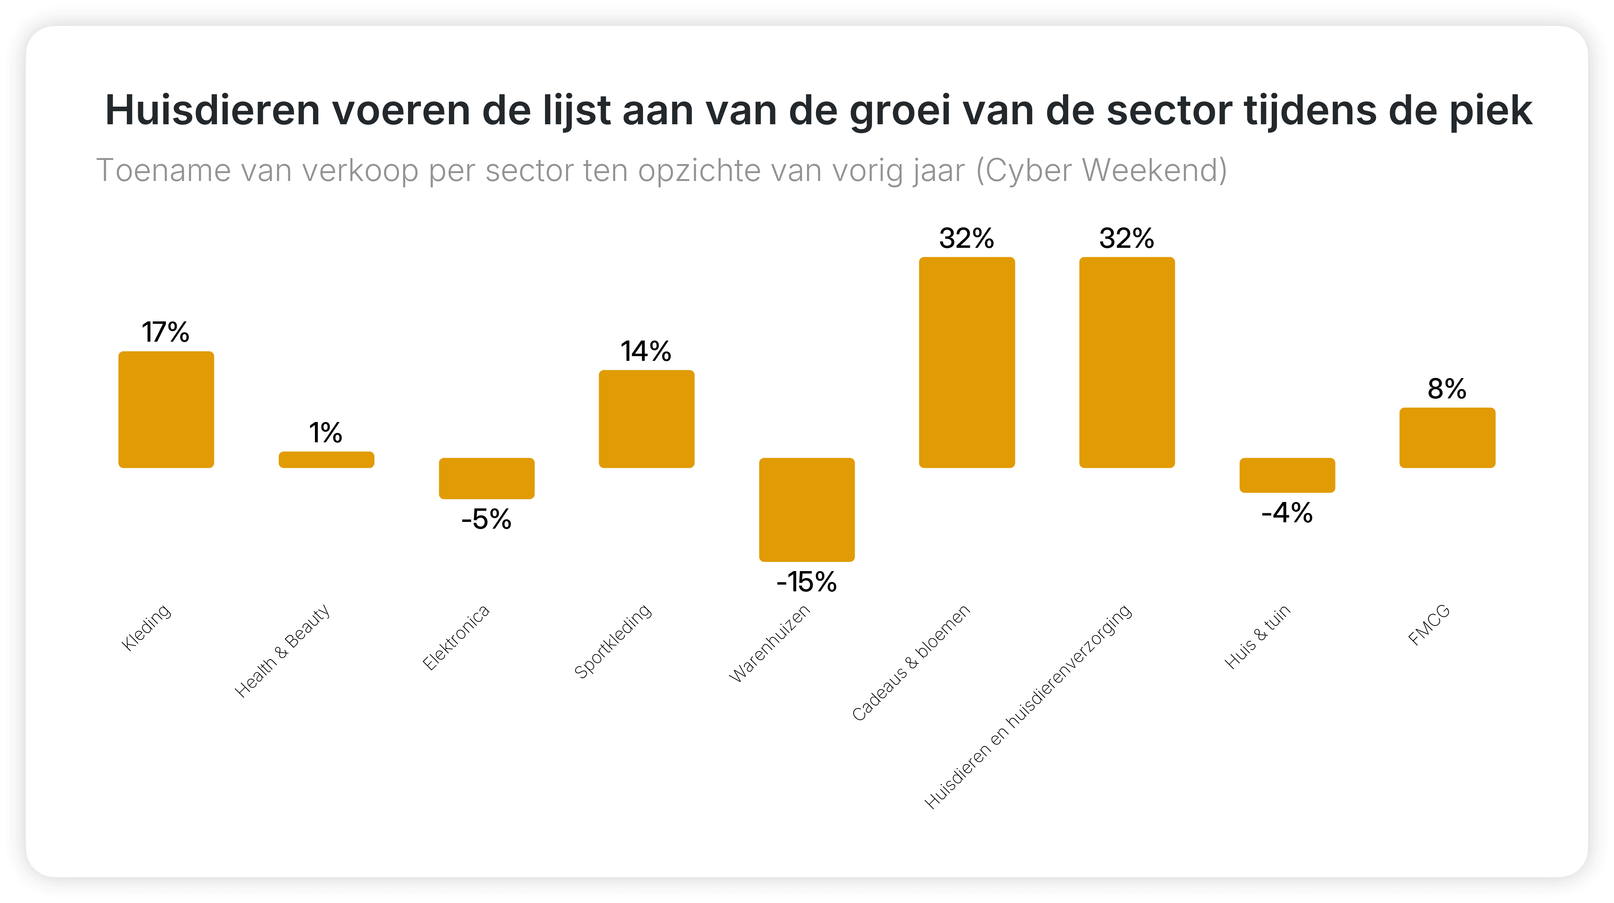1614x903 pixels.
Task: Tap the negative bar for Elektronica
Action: (x=487, y=478)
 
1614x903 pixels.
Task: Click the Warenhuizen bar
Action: (x=807, y=510)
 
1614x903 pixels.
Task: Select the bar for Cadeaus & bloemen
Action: (x=967, y=362)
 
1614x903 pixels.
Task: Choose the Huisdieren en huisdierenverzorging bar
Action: (x=1127, y=362)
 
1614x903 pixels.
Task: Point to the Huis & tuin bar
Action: (x=1287, y=475)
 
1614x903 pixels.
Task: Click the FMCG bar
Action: (x=1447, y=437)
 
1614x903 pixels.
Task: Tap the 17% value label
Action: (x=166, y=332)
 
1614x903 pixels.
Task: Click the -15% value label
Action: (x=806, y=582)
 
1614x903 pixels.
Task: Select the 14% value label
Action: (x=646, y=351)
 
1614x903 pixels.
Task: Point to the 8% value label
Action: (x=1447, y=389)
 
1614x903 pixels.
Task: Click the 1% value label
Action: (x=326, y=433)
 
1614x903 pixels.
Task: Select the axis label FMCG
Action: (x=1429, y=626)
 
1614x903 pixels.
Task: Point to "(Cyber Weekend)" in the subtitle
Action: (x=1102, y=170)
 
